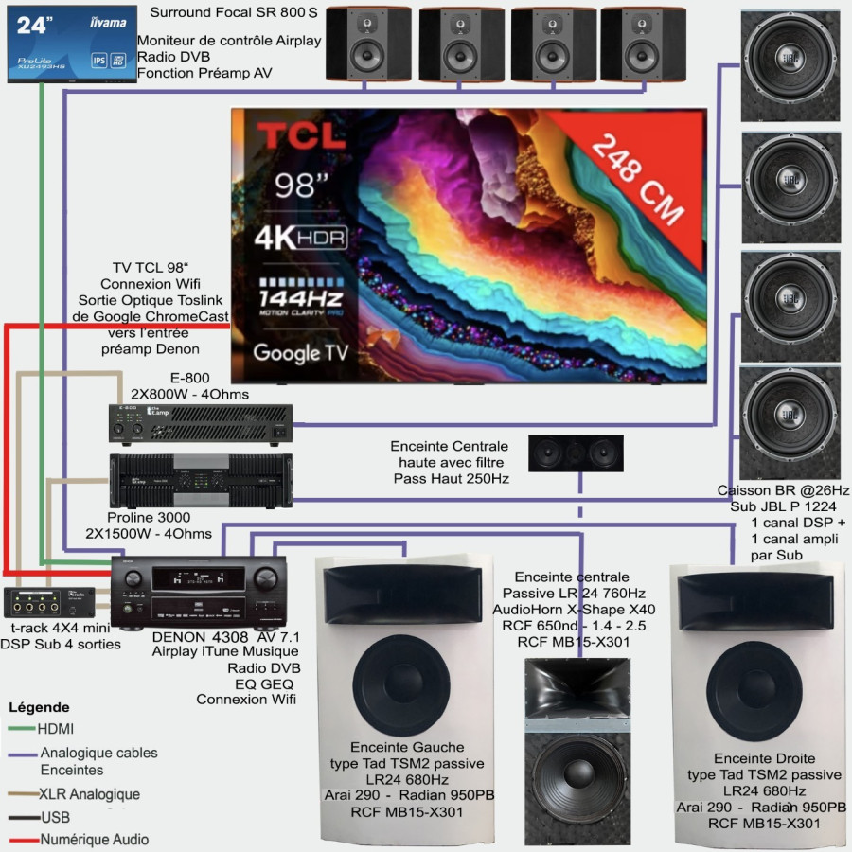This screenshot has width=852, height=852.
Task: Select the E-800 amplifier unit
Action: click(199, 424)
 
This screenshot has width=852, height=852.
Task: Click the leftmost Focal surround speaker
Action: click(364, 44)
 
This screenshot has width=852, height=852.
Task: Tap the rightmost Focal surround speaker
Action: click(638, 44)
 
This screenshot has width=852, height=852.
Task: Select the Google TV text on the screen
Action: click(300, 353)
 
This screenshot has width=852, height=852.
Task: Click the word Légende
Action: click(39, 707)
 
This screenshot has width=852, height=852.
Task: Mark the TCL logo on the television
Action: click(302, 135)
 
